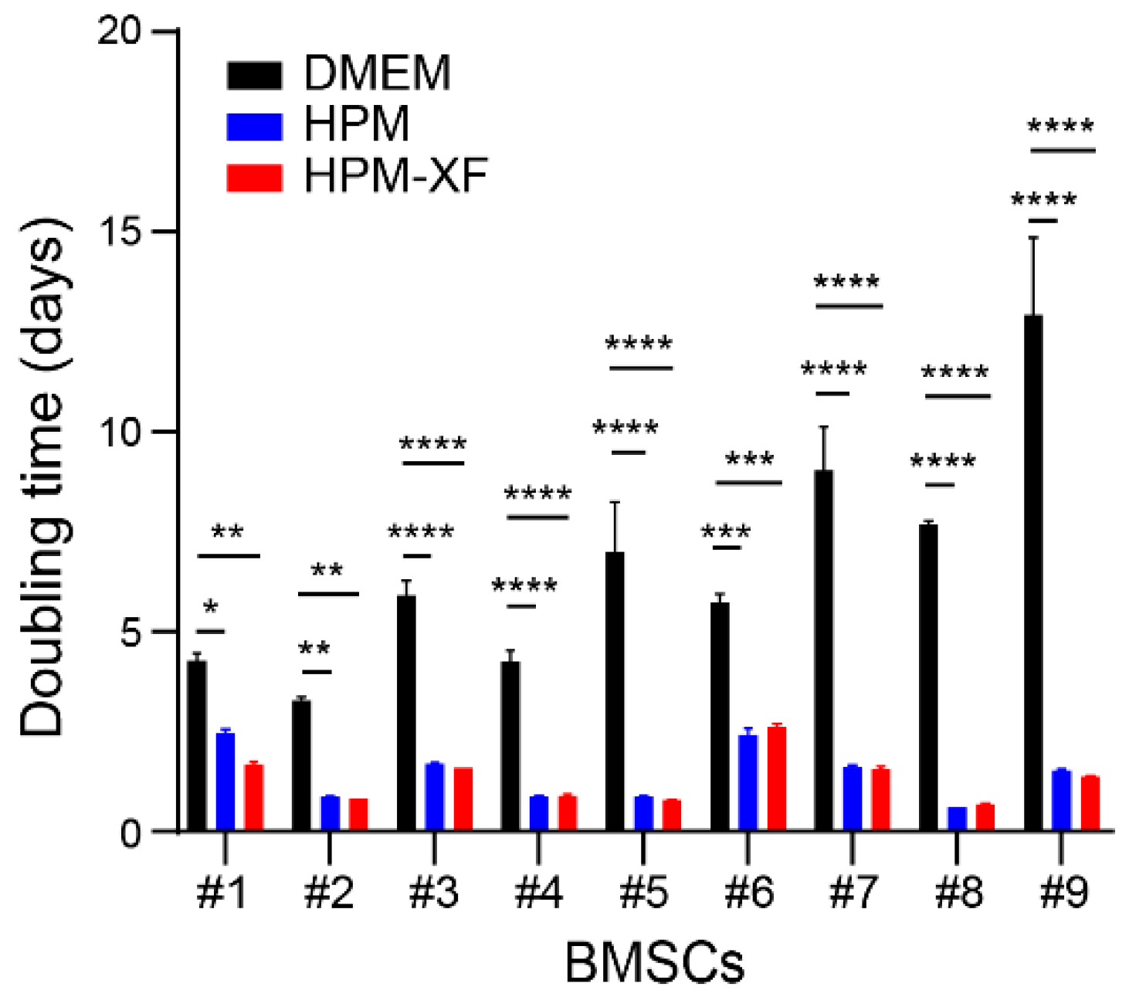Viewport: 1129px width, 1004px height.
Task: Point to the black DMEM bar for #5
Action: [x=615, y=691]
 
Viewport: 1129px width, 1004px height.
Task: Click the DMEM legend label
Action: [x=377, y=73]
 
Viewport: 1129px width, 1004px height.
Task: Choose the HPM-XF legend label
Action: [x=395, y=176]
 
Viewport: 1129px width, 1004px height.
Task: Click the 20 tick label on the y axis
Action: [x=120, y=31]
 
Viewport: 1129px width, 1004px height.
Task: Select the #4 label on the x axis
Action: [x=538, y=893]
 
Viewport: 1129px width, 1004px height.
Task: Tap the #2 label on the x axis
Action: [x=329, y=893]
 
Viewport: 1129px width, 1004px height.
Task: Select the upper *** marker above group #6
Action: [x=749, y=460]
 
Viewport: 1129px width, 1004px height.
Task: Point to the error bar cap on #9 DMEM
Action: [x=1032, y=238]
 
